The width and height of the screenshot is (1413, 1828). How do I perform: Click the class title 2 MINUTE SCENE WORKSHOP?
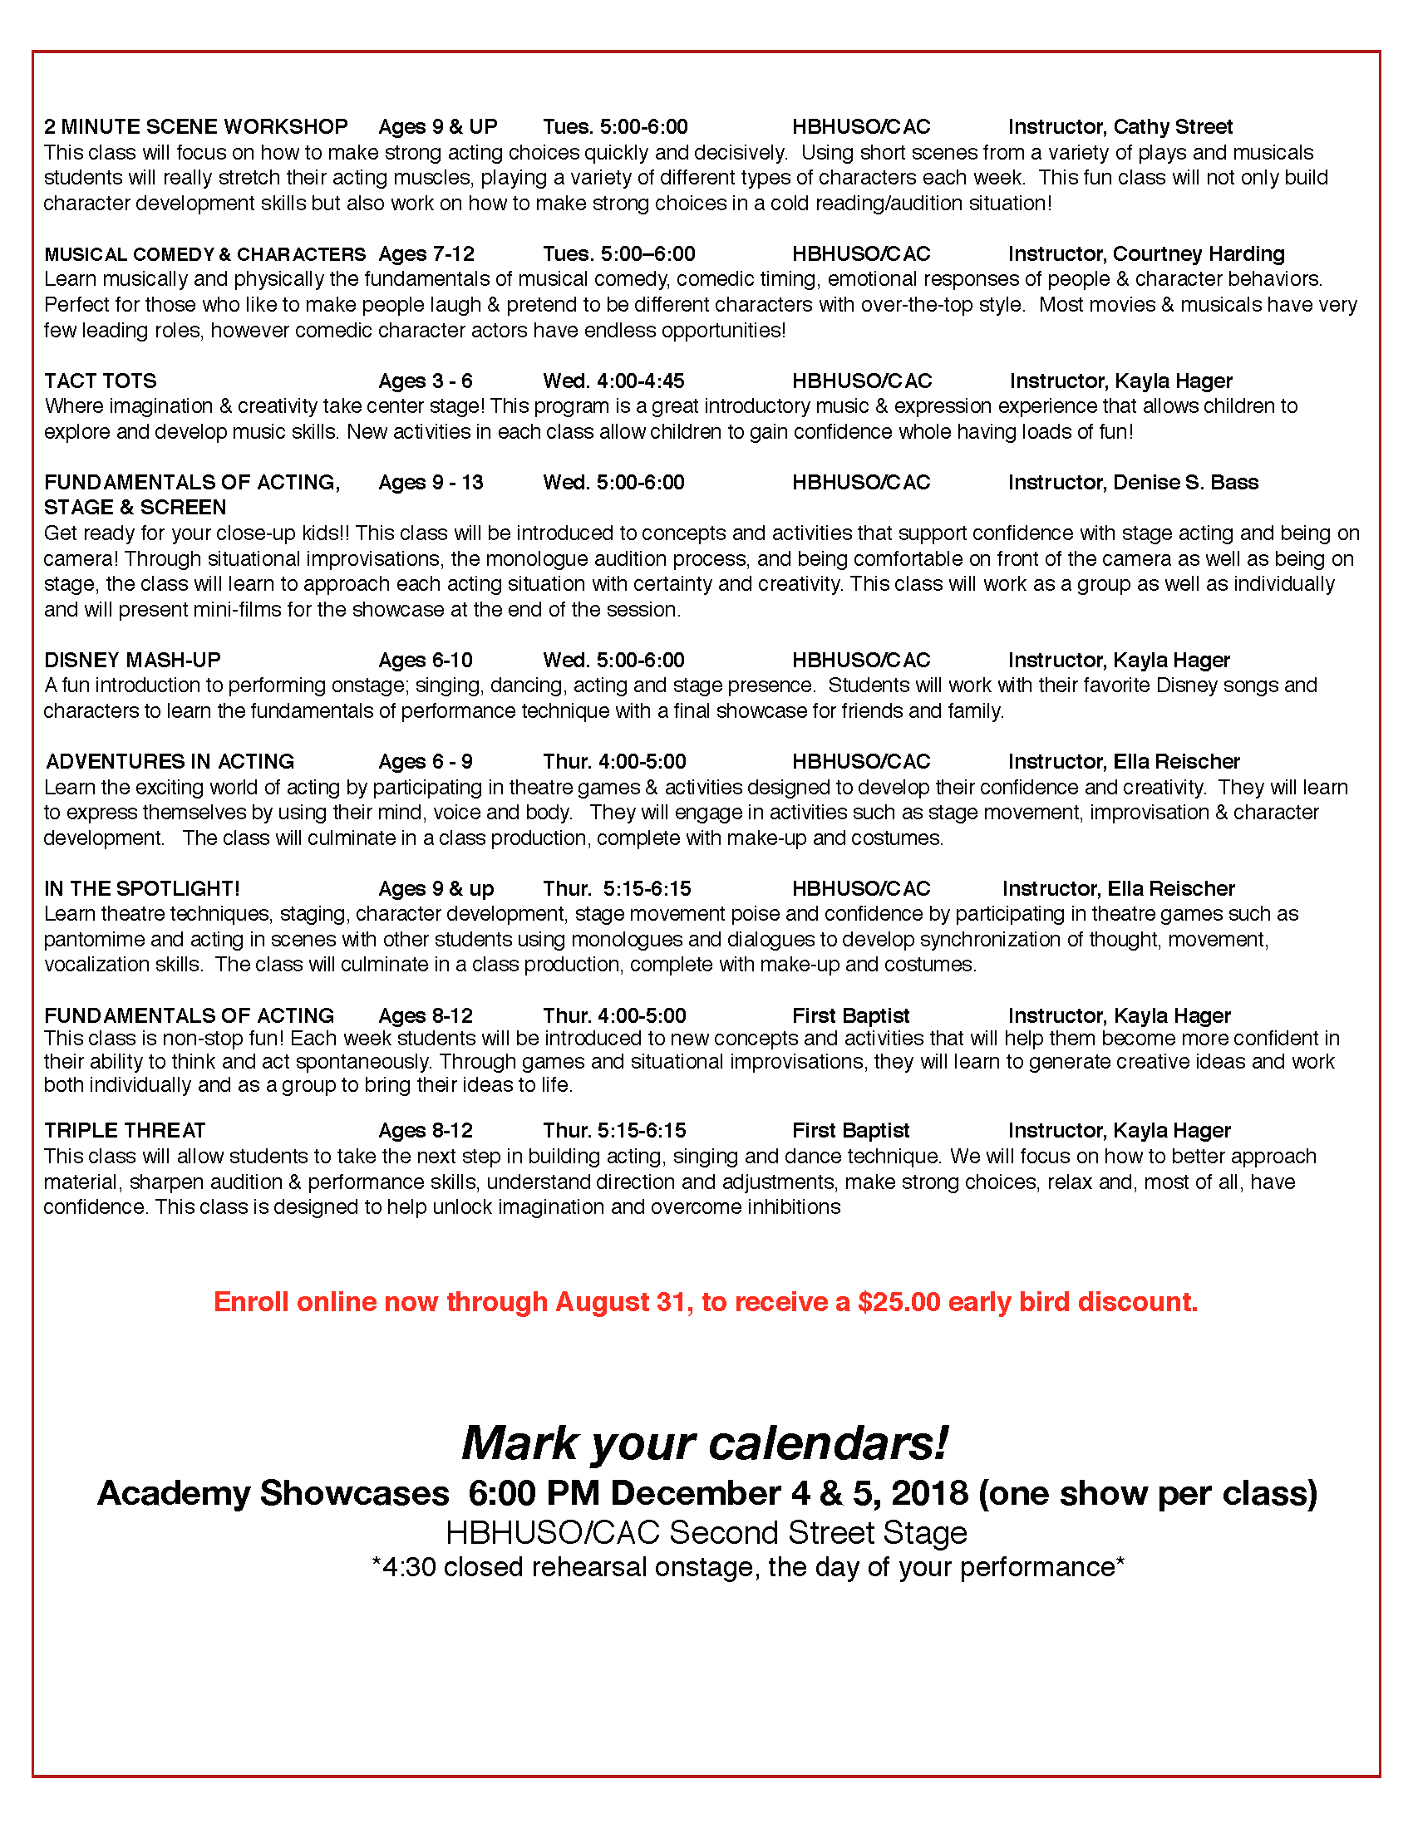click(x=196, y=126)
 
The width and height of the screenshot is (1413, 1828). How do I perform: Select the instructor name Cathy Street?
click(x=1172, y=126)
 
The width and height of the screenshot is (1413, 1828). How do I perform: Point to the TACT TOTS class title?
click(x=101, y=381)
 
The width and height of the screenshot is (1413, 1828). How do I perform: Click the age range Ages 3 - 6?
click(x=426, y=381)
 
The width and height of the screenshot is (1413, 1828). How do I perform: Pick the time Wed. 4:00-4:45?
click(x=613, y=381)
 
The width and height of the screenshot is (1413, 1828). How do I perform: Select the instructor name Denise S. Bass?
click(x=1185, y=482)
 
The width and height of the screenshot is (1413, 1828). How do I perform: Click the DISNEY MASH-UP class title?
click(x=132, y=660)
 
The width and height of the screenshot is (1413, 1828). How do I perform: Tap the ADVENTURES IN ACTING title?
click(x=170, y=761)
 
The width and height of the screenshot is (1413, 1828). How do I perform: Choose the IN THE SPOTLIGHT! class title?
click(x=142, y=888)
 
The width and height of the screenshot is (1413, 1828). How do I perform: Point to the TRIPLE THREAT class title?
click(x=125, y=1130)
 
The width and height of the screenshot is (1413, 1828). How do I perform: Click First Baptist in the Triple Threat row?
click(x=850, y=1130)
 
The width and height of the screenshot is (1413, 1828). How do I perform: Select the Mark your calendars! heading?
click(x=705, y=1443)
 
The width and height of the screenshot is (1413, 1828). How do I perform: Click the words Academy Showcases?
click(x=273, y=1493)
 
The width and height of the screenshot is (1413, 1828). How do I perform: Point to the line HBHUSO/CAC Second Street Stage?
click(x=706, y=1532)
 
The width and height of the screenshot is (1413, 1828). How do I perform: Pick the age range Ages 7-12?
click(x=426, y=253)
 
